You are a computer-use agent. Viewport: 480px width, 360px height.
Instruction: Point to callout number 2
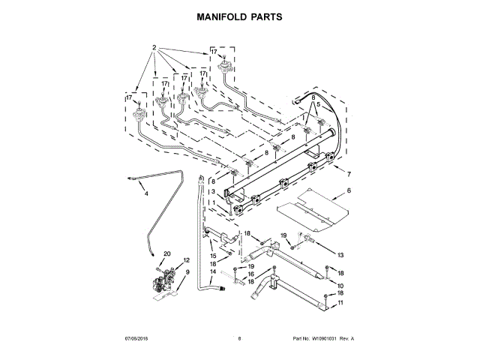[x=154, y=48]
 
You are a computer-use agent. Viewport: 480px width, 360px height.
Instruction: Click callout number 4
[x=146, y=194]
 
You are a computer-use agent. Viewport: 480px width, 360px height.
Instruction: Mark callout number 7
[x=348, y=174]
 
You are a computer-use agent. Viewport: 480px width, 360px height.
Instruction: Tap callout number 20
[x=167, y=253]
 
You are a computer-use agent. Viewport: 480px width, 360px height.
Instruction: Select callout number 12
[x=187, y=260]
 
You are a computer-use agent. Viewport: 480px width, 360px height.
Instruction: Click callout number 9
[x=187, y=272]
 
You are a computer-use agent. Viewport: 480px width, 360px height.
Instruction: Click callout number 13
[x=340, y=255]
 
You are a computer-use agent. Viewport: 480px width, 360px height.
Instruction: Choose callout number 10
[x=339, y=286]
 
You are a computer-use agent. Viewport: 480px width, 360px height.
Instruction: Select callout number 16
[x=251, y=274]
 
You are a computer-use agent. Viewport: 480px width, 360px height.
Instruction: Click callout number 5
[x=318, y=104]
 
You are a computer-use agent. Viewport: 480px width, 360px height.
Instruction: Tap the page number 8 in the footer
[x=239, y=339]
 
